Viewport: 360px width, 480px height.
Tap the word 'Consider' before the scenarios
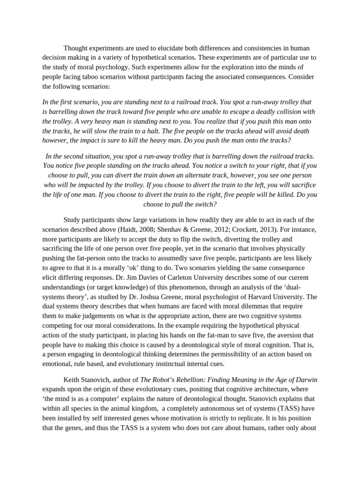[x=302, y=77]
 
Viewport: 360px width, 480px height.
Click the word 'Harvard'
[x=269, y=296]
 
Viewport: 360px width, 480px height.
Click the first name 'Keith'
[x=73, y=379]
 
